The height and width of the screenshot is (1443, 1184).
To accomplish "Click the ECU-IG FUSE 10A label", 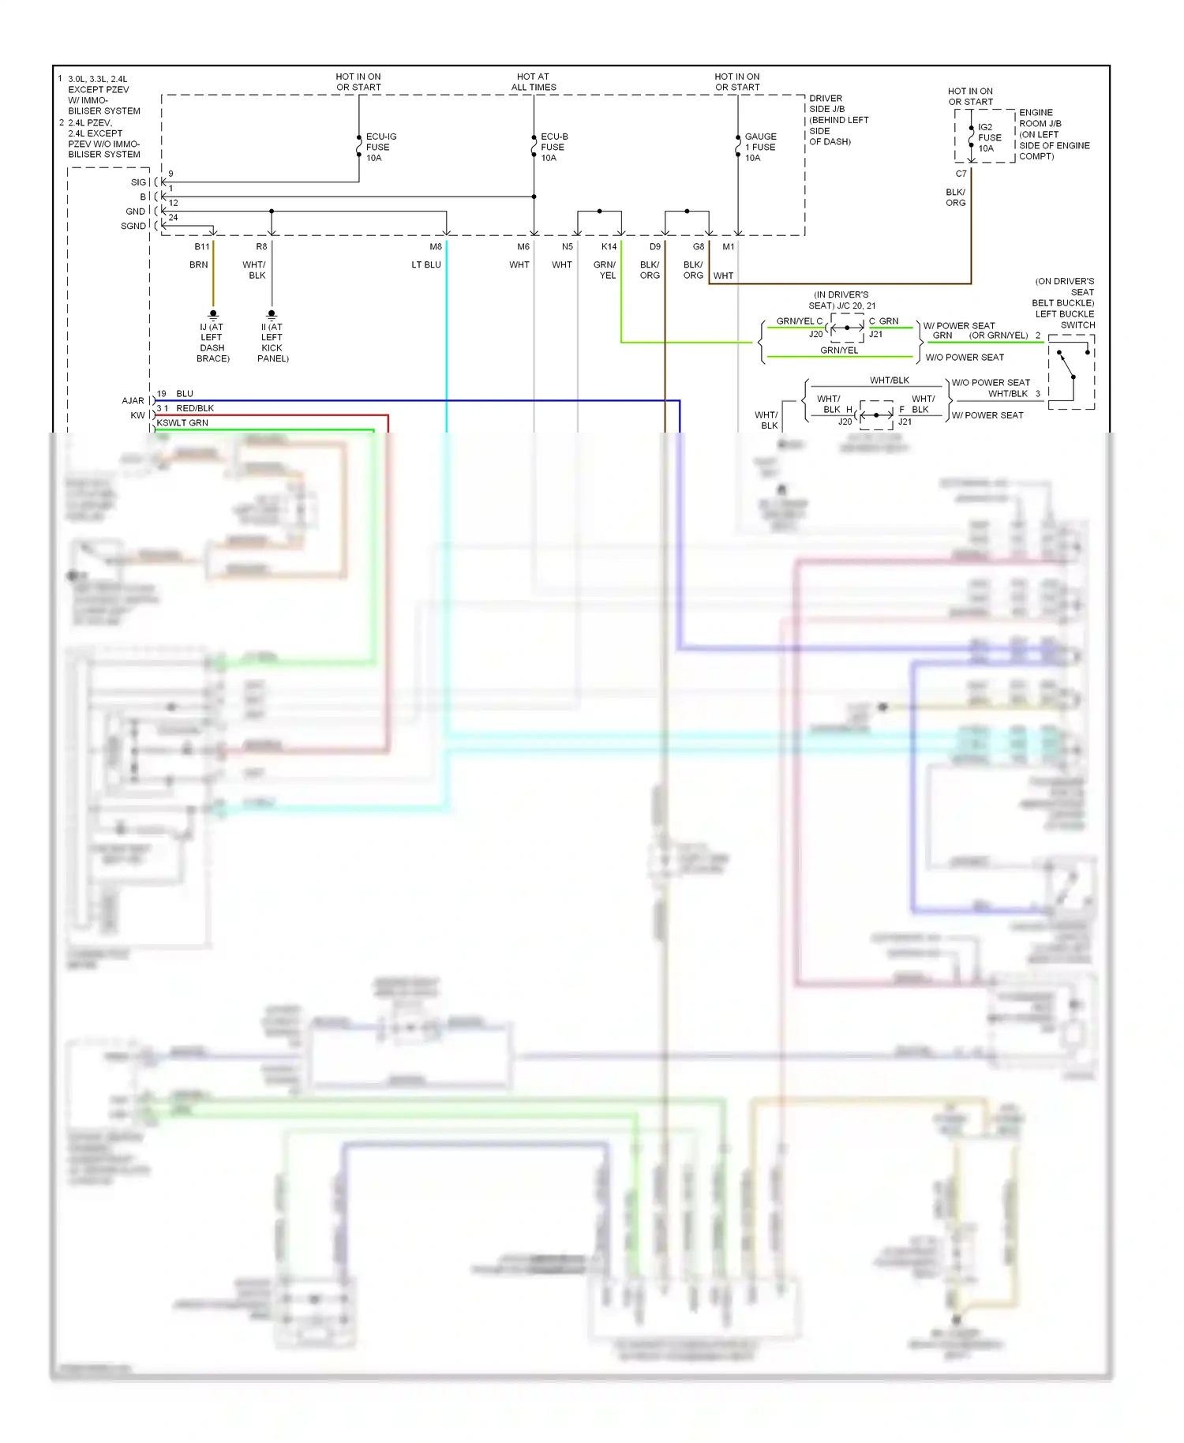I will point(380,147).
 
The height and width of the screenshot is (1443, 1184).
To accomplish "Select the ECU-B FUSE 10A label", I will point(553,147).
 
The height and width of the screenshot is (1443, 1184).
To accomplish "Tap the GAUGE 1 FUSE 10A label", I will point(759,147).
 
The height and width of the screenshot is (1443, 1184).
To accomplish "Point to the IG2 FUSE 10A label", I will point(989,137).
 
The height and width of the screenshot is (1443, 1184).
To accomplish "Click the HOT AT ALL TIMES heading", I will point(534,82).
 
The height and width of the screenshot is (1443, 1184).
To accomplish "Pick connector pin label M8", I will point(436,247).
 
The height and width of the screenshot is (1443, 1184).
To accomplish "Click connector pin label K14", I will point(609,247).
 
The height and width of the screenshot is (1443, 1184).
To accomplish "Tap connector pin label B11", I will point(202,247).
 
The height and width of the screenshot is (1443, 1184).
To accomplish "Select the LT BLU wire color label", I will point(426,265).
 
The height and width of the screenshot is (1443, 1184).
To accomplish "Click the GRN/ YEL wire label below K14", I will point(605,270).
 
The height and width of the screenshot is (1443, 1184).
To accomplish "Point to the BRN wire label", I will point(199,265).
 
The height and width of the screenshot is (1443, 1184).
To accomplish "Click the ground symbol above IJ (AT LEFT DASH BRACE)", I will point(213,314).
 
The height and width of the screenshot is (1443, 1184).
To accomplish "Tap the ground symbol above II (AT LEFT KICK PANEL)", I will point(272,314).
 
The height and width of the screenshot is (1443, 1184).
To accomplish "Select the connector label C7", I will point(961,174).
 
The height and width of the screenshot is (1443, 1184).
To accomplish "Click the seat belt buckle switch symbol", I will point(1070,371).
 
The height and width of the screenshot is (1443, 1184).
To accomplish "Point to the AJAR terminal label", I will point(133,401).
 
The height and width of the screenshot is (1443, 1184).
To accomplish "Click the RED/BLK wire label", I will point(195,408).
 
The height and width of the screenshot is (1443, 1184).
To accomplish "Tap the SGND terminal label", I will point(133,227).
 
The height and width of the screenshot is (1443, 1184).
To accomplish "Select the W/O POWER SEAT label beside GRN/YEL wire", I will point(965,358).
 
